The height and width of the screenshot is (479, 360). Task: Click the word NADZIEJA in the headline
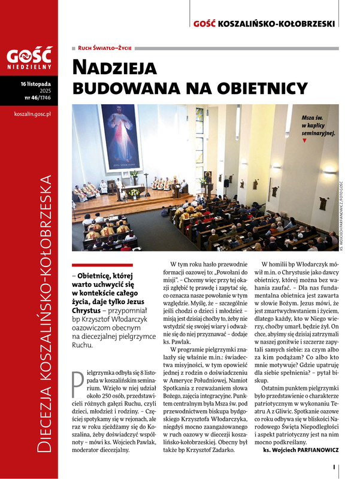tap(114, 67)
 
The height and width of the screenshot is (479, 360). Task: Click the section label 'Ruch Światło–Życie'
tap(105, 47)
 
